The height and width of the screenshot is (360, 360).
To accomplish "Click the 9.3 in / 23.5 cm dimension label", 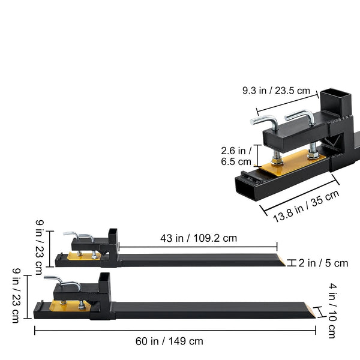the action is click(276, 91).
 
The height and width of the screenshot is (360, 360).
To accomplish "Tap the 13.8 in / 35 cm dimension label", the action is click(306, 206).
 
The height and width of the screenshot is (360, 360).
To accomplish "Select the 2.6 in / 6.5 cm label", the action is click(236, 156).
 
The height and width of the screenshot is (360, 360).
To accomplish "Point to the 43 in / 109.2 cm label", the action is click(199, 238).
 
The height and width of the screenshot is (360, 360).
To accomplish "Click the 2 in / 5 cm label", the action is click(323, 263).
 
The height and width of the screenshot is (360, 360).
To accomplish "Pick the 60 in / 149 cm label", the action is click(169, 341).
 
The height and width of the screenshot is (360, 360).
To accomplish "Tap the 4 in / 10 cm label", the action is click(332, 311).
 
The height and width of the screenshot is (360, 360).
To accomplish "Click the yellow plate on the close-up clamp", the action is click(293, 163).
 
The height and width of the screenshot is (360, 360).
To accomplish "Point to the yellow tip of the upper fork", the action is click(281, 260).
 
